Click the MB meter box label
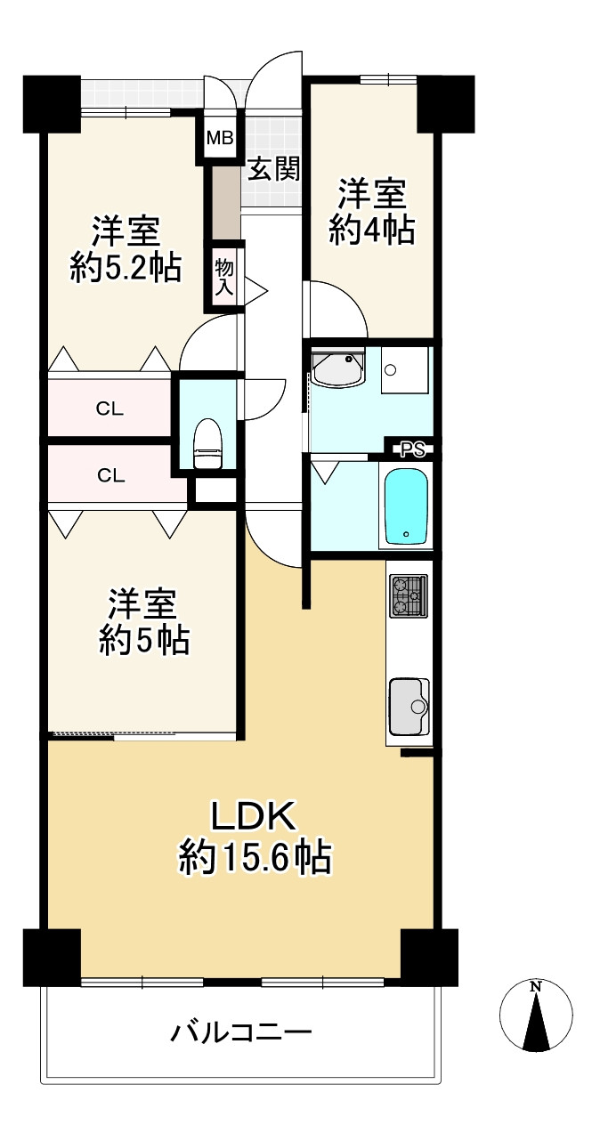click(x=220, y=138)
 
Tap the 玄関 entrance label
click(x=272, y=168)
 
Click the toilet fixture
click(x=207, y=441)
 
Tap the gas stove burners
click(x=408, y=595)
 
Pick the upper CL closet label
click(x=110, y=409)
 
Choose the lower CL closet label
click(x=110, y=475)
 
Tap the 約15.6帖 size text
click(x=255, y=859)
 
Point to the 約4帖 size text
click(x=372, y=231)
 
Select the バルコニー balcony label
click(x=241, y=1033)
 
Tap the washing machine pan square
click(x=406, y=369)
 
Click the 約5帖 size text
click(x=143, y=641)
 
